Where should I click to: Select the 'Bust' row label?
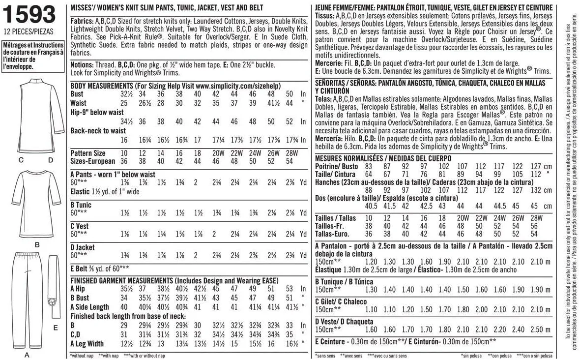tap(77, 93)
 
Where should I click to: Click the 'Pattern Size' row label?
tap(88, 153)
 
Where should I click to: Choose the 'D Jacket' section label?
tap(83, 247)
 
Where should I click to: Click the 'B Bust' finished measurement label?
tap(80, 298)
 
